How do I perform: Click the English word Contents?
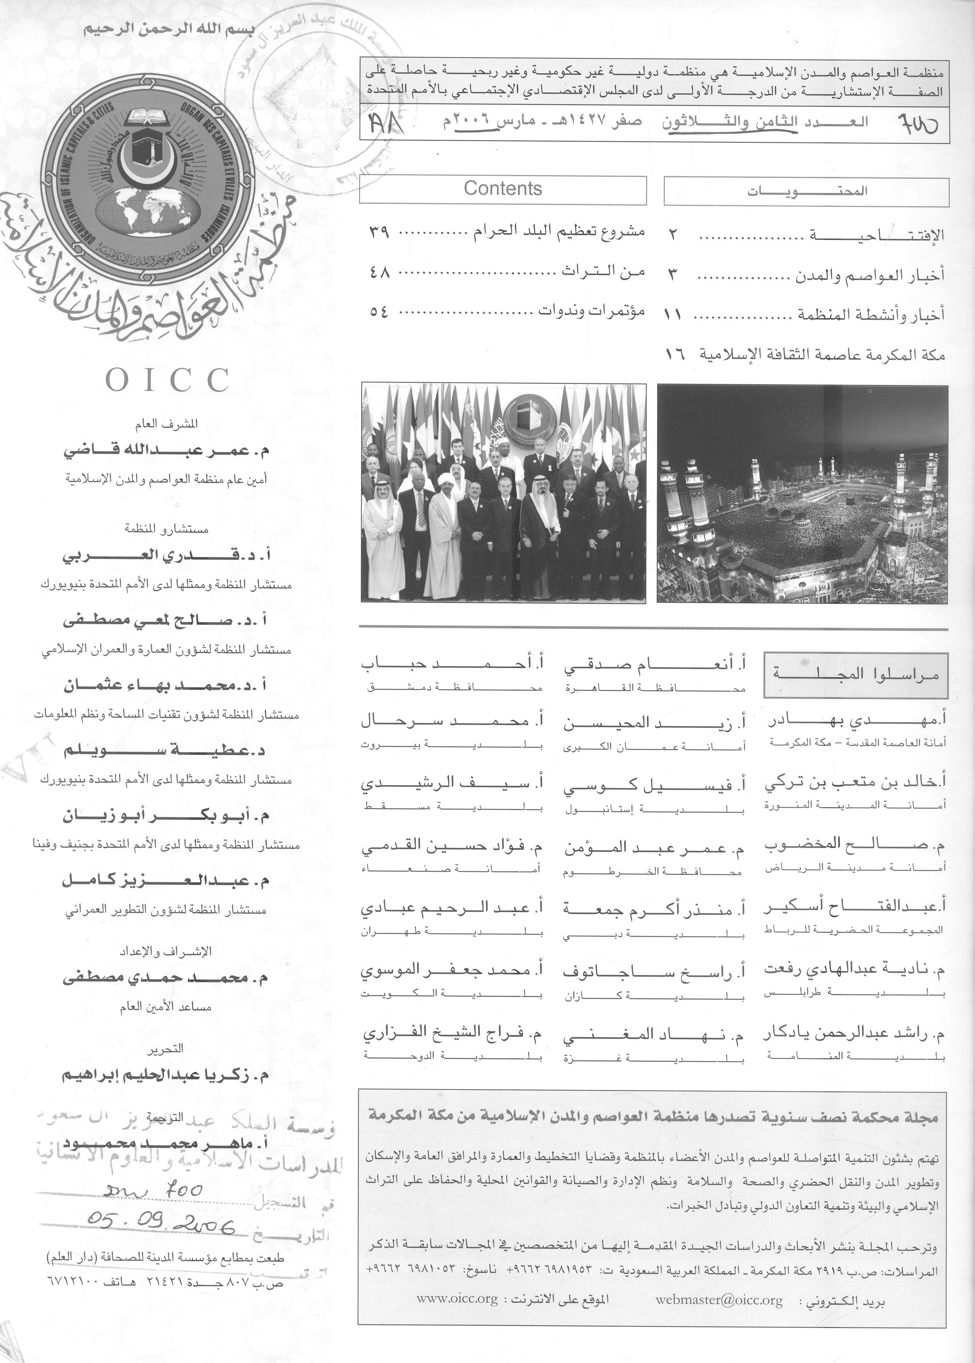click(x=503, y=189)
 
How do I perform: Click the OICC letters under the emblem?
click(x=167, y=380)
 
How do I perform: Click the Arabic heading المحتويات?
click(x=807, y=192)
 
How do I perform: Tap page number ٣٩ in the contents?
click(x=379, y=233)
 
